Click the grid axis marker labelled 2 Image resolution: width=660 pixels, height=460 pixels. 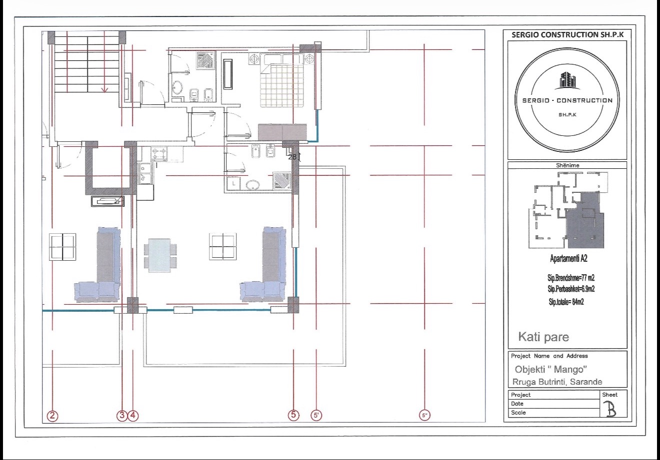[x=52, y=416]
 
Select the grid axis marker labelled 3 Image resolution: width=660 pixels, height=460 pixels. [x=122, y=415]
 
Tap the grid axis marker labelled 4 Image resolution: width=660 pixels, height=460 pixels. [x=133, y=415]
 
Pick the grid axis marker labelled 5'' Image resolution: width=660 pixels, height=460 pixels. [x=424, y=415]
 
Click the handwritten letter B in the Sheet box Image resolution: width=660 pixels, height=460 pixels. [x=611, y=410]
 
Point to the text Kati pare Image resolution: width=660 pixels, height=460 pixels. [x=543, y=337]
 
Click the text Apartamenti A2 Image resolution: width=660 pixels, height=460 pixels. [x=568, y=258]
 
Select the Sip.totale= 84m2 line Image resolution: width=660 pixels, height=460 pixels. [x=566, y=302]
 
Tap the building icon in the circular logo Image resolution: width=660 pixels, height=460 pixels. [x=567, y=80]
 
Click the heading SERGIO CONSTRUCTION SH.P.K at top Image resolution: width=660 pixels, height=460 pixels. [x=567, y=35]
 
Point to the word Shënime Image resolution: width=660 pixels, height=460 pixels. [x=567, y=165]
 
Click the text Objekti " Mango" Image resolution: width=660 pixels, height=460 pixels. [x=551, y=369]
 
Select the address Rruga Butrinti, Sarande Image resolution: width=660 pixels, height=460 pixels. [x=557, y=382]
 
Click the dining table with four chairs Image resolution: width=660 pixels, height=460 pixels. [x=160, y=255]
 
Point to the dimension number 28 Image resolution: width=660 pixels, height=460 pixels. [x=292, y=157]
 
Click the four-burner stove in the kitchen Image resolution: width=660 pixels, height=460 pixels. [x=159, y=153]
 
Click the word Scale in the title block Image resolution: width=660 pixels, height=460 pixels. [x=518, y=413]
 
